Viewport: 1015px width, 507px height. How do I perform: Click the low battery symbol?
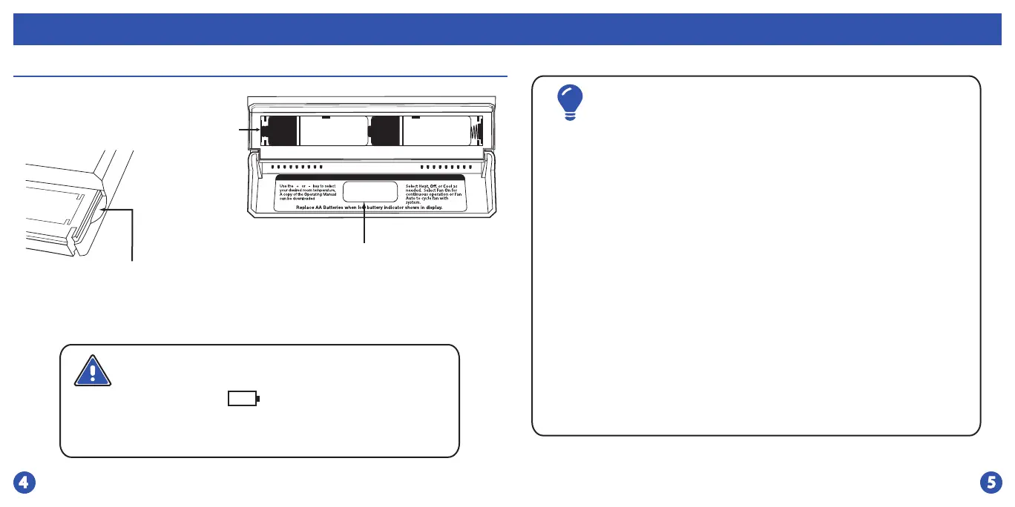243,400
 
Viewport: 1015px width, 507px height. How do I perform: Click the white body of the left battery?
332,131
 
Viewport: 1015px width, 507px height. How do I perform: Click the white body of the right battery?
436,131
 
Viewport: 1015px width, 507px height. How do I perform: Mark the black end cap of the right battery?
385,131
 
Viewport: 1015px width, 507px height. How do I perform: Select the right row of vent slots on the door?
446,166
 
